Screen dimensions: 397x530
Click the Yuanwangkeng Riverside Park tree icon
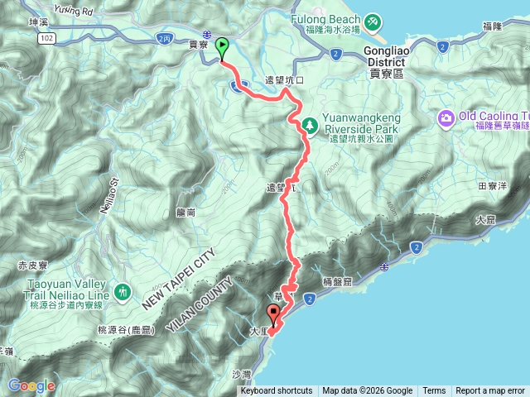310,125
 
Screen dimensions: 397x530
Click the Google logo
31,385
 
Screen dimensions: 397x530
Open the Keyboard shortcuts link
277,391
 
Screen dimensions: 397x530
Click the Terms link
434,391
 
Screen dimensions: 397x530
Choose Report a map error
490,391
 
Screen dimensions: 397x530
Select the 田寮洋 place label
491,187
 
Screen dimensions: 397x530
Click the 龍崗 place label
186,213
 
